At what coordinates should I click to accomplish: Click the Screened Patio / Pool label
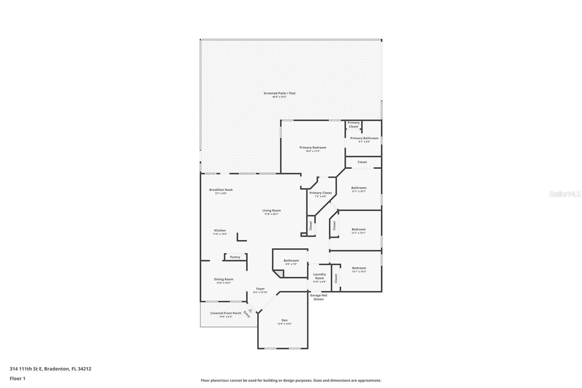[279, 93]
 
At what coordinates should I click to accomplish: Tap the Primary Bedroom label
[313, 147]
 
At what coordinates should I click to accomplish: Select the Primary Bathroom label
[364, 138]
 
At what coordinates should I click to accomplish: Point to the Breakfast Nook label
[221, 190]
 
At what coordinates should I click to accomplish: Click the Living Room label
[271, 210]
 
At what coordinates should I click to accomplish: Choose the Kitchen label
[220, 230]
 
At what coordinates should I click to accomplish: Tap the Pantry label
[235, 257]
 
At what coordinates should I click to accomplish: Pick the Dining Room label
[223, 279]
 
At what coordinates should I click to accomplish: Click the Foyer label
[260, 289]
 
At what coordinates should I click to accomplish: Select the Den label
[284, 320]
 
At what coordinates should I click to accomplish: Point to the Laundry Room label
[319, 276]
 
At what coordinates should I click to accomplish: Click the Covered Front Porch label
[226, 313]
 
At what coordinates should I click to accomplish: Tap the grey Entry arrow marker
[250, 311]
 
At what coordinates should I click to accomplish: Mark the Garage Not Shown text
[319, 297]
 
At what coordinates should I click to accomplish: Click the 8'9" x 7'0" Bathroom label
[291, 261]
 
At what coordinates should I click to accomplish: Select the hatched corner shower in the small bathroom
[278, 273]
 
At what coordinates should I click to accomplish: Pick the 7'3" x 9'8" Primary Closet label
[320, 193]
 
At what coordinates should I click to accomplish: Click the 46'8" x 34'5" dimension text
[279, 97]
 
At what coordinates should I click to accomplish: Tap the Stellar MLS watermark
[565, 194]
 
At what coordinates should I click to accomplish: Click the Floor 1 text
[17, 379]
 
